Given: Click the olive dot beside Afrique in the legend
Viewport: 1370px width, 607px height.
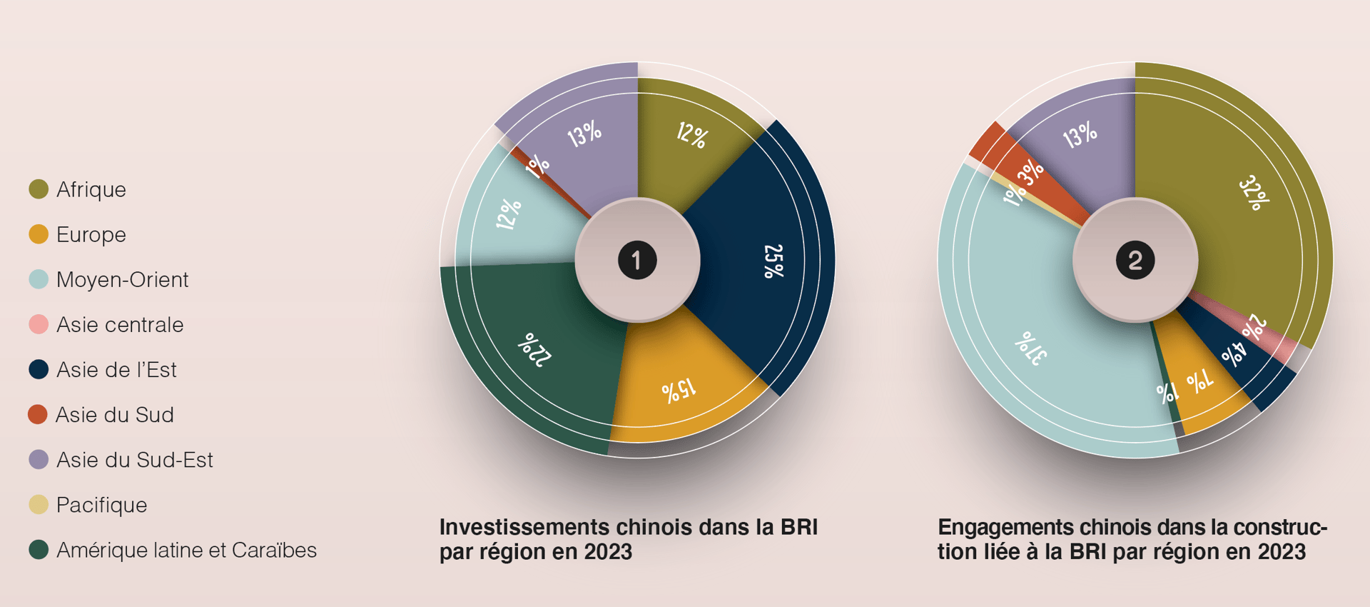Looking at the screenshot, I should [x=39, y=189].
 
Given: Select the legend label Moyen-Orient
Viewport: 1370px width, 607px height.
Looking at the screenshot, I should [x=122, y=279].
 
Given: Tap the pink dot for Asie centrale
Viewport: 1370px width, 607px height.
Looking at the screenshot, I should [x=39, y=324].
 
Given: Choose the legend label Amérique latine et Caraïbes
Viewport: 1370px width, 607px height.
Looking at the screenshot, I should [x=186, y=550].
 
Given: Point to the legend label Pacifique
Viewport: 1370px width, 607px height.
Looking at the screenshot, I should [x=101, y=505].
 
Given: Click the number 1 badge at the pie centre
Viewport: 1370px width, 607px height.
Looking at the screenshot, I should [x=637, y=260].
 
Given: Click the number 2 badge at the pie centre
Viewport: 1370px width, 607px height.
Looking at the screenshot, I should [x=1135, y=260].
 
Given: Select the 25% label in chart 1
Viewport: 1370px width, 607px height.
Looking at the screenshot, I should [x=773, y=261].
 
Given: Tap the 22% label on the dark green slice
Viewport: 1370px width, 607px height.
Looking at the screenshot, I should [x=534, y=349].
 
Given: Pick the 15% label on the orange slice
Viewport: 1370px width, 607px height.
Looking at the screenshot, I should [x=678, y=390].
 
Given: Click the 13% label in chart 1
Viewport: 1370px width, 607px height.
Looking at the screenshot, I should [x=584, y=134].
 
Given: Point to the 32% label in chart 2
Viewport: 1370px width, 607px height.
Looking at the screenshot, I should [x=1254, y=193].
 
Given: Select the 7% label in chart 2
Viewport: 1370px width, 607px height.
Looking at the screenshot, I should [x=1200, y=381].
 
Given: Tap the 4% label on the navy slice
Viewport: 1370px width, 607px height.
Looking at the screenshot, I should [x=1234, y=353].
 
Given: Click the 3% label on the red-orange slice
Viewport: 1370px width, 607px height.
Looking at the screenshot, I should [x=1030, y=172].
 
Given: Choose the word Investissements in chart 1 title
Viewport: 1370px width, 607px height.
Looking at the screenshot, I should [x=524, y=527].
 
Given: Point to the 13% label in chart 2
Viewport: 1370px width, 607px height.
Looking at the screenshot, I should [x=1080, y=134].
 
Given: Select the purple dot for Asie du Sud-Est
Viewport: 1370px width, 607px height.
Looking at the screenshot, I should [x=39, y=459].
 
